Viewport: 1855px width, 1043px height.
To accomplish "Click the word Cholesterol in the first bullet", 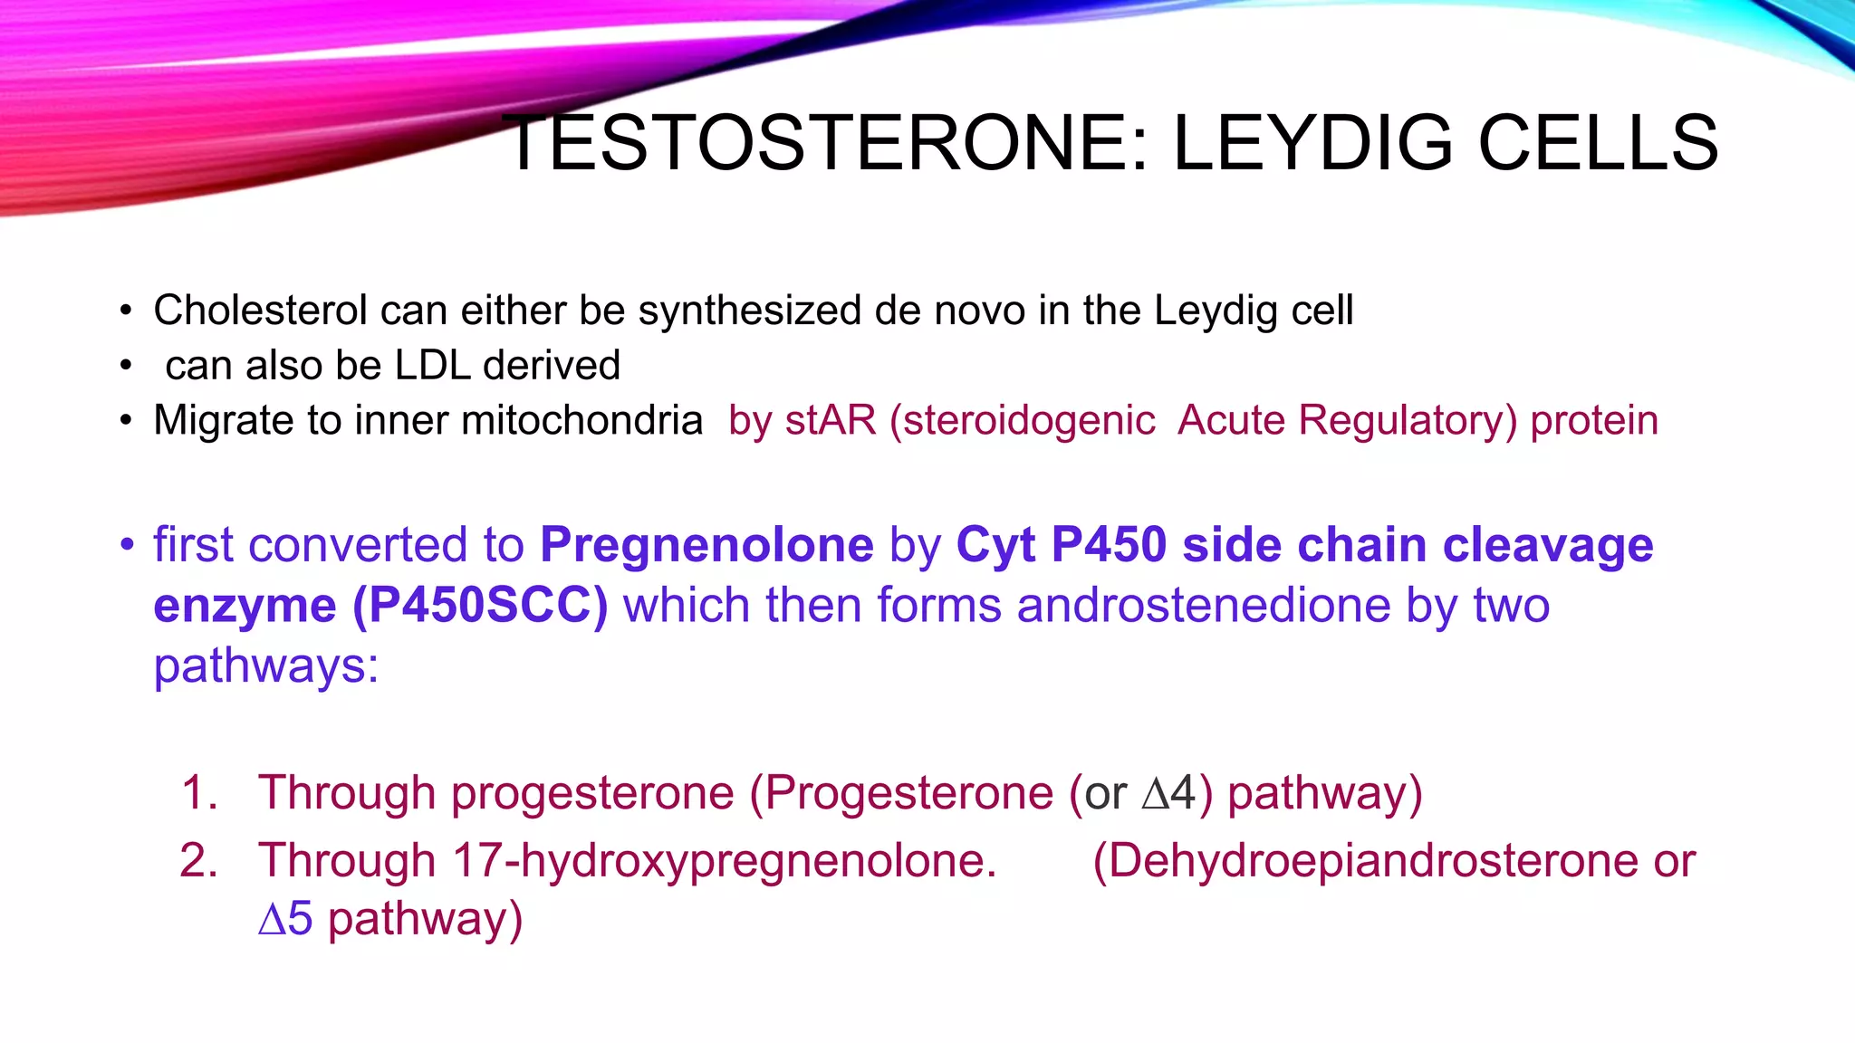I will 260,311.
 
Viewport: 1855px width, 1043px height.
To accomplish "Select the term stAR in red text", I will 831,421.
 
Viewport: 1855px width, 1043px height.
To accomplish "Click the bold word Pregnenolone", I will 706,545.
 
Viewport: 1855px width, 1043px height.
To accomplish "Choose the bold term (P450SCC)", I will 480,606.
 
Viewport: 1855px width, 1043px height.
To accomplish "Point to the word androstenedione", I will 1204,606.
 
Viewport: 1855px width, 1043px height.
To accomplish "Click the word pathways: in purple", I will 266,666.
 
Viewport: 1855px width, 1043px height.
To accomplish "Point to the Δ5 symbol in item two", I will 285,919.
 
